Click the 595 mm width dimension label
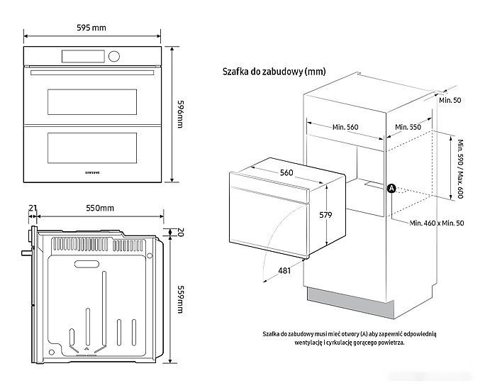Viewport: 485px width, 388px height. click(91, 28)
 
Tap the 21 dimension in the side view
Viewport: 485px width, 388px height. click(33, 208)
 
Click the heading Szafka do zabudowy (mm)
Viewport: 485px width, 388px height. click(264, 72)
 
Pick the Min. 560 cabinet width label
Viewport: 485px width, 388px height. click(345, 127)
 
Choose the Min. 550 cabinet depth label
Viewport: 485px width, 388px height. click(408, 126)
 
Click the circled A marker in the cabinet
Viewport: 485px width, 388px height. click(391, 188)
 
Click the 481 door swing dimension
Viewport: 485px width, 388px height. click(284, 270)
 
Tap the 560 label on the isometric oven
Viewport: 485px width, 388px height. click(286, 172)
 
